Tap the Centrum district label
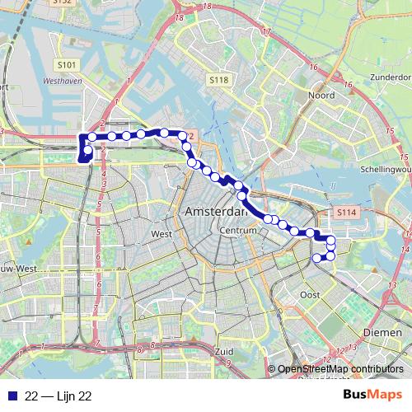pyautogui.click(x=241, y=231)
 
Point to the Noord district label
pyautogui.click(x=321, y=96)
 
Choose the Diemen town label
pyautogui.click(x=380, y=331)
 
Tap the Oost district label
pyautogui.click(x=311, y=294)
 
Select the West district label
pyautogui.click(x=162, y=234)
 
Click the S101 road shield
pyautogui.click(x=68, y=63)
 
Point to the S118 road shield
pyautogui.click(x=218, y=79)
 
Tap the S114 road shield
pyautogui.click(x=346, y=213)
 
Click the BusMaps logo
pyautogui.click(x=372, y=396)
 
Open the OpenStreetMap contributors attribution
pyautogui.click(x=340, y=369)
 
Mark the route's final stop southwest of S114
pyautogui.click(x=317, y=258)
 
